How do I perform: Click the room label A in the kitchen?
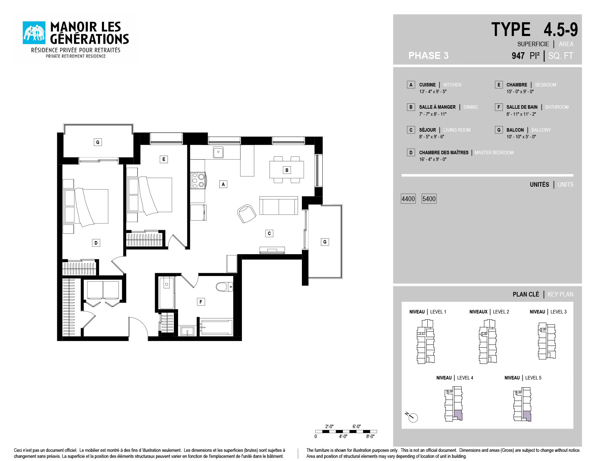click(223, 184)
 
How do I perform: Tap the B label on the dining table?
click(287, 170)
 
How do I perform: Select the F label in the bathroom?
click(201, 302)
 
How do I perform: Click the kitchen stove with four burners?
click(198, 180)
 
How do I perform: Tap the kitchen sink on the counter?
click(218, 152)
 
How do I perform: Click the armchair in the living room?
click(247, 213)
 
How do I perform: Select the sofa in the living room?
click(279, 206)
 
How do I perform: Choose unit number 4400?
click(408, 199)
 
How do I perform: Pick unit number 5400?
click(429, 199)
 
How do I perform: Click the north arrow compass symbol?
click(412, 417)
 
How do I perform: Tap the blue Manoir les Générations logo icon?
click(34, 33)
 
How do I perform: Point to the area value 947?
click(518, 56)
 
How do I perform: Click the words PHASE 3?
click(428, 56)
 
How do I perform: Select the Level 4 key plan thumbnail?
click(454, 404)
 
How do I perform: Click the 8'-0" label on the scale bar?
click(370, 437)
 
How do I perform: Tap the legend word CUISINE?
click(427, 85)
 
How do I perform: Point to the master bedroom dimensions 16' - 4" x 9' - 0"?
click(433, 160)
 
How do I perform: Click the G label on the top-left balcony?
click(98, 142)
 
